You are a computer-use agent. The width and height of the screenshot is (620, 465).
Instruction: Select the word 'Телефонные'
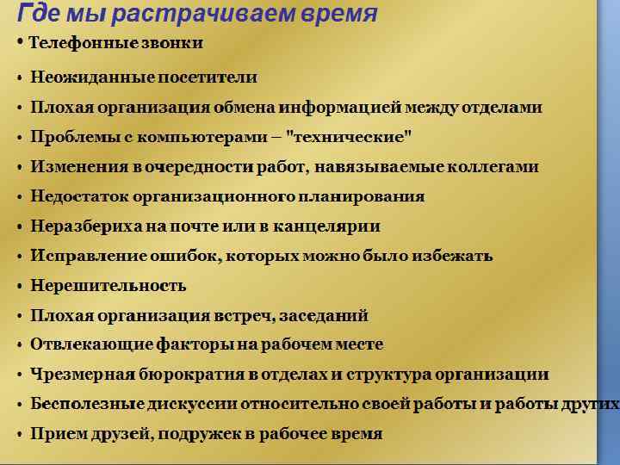pyautogui.click(x=77, y=42)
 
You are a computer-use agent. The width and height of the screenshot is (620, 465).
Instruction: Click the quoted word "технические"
pyautogui.click(x=352, y=137)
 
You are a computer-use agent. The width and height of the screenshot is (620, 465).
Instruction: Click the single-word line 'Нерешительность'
pyautogui.click(x=108, y=286)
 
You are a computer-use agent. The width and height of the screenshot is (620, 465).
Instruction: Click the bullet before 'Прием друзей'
pyautogui.click(x=19, y=434)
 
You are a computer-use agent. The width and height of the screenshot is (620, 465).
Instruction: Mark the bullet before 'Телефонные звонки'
pyautogui.click(x=20, y=42)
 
